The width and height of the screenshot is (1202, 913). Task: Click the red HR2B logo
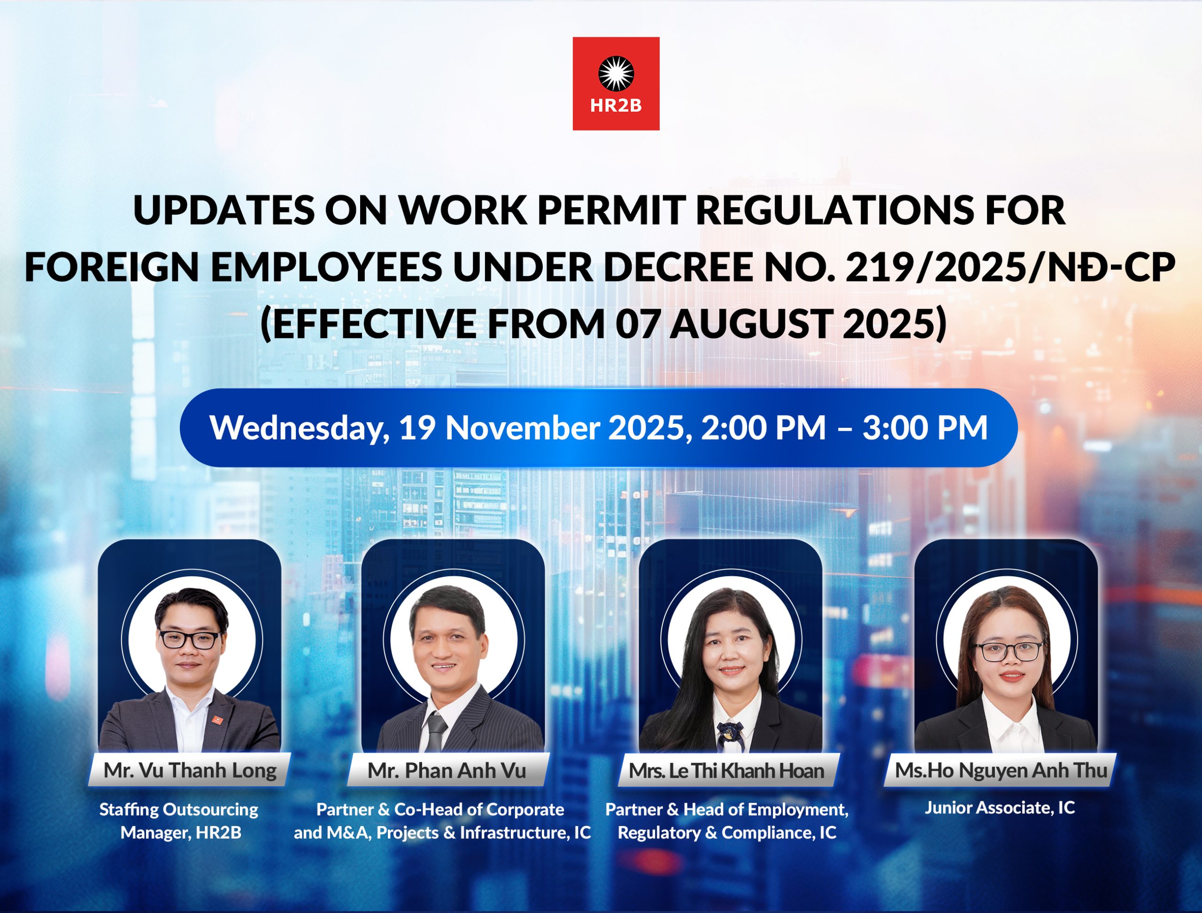tap(616, 84)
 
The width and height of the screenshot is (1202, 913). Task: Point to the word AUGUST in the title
tap(750, 324)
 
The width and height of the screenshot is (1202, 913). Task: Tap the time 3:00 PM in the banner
tap(925, 428)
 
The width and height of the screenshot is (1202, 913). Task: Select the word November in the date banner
tap(522, 428)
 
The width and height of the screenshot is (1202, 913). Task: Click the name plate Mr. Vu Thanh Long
tap(190, 770)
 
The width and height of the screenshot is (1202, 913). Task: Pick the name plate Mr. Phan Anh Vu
tap(447, 770)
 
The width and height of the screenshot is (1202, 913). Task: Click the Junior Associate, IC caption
tap(1000, 808)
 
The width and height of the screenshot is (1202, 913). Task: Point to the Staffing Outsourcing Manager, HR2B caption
tap(179, 821)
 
